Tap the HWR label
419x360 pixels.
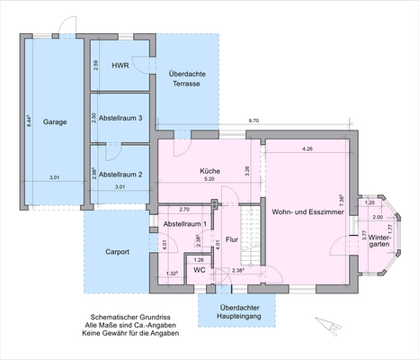pyautogui.click(x=120, y=67)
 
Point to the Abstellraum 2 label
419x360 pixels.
pyautogui.click(x=120, y=175)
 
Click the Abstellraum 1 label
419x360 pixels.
pyautogui.click(x=184, y=223)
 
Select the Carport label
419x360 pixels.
pyautogui.click(x=117, y=252)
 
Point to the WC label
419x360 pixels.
pyautogui.click(x=200, y=269)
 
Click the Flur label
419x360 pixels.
pyautogui.click(x=231, y=240)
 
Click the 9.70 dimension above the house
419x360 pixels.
pyautogui.click(x=254, y=120)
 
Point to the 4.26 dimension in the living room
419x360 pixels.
pyautogui.click(x=308, y=148)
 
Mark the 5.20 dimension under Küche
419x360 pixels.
pyautogui.click(x=209, y=179)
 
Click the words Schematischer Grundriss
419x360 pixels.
pyautogui.click(x=130, y=318)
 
